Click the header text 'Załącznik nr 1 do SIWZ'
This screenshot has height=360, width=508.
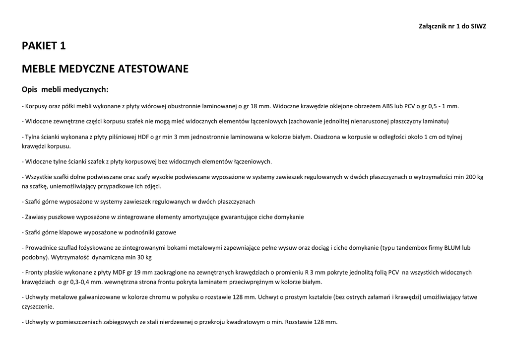pos(452,26)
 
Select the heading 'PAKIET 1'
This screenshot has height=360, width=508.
pos(44,46)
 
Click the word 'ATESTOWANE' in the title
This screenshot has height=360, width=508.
pos(153,69)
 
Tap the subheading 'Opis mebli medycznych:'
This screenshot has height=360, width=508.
pos(65,90)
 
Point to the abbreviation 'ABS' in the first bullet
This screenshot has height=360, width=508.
pos(387,106)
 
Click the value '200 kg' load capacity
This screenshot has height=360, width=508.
pos(473,177)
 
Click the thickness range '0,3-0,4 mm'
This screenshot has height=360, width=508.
pos(76,282)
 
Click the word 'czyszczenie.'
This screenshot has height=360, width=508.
pos(38,307)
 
